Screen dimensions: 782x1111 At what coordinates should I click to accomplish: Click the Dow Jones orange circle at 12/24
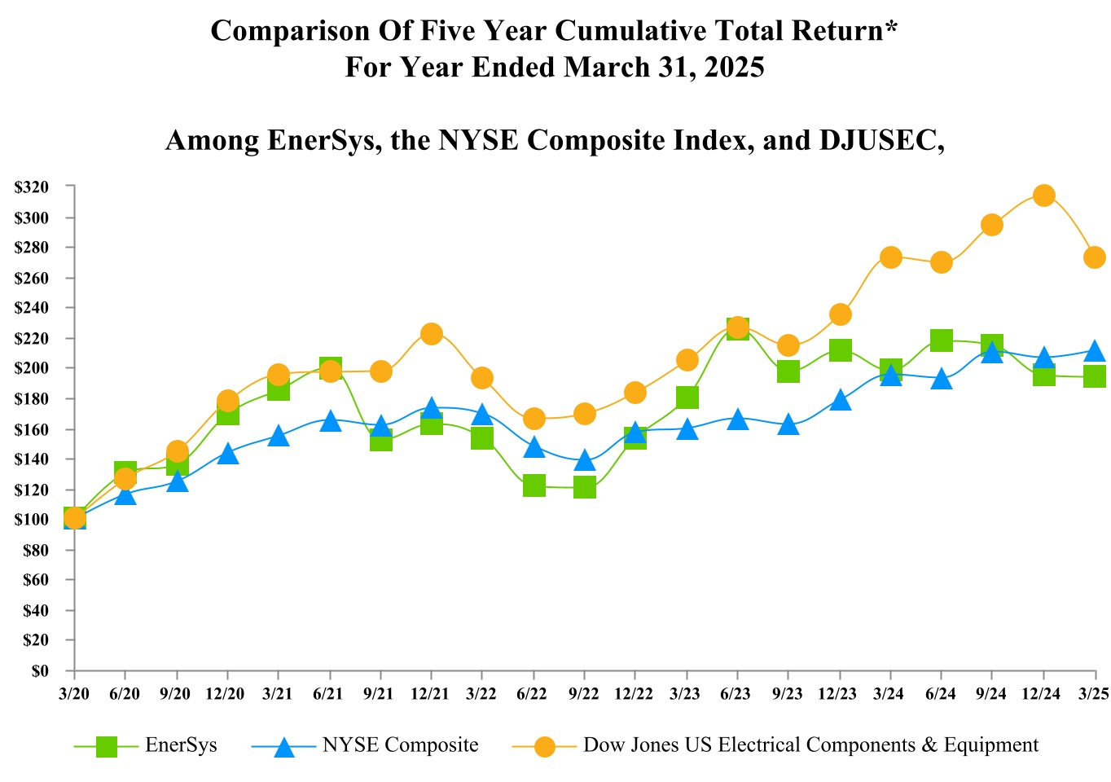pos(1043,195)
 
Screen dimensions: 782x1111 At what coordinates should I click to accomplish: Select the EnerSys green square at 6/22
pos(534,486)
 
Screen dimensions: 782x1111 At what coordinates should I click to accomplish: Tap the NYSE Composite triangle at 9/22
pos(584,462)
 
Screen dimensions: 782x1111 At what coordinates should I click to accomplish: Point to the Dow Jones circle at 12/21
pos(432,334)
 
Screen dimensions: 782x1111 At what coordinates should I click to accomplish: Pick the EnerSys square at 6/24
pos(941,340)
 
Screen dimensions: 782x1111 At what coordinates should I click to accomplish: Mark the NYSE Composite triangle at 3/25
pos(1095,351)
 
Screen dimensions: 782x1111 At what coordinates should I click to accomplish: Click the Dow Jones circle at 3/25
pos(1095,257)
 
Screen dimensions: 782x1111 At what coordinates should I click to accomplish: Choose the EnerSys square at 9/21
pos(381,441)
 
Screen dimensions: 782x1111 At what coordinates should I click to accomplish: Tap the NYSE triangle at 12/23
pos(841,400)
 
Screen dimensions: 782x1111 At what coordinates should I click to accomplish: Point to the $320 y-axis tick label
pos(32,187)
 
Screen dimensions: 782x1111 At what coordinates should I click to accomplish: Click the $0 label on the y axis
pos(40,671)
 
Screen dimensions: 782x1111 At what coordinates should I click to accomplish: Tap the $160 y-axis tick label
pos(32,429)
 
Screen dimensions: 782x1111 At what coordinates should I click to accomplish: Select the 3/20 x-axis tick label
pos(73,693)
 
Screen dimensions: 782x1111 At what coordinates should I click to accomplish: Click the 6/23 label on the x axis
pos(736,693)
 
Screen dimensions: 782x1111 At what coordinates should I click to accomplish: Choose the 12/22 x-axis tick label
pos(634,693)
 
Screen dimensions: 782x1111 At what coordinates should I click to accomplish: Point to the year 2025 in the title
pos(735,67)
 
